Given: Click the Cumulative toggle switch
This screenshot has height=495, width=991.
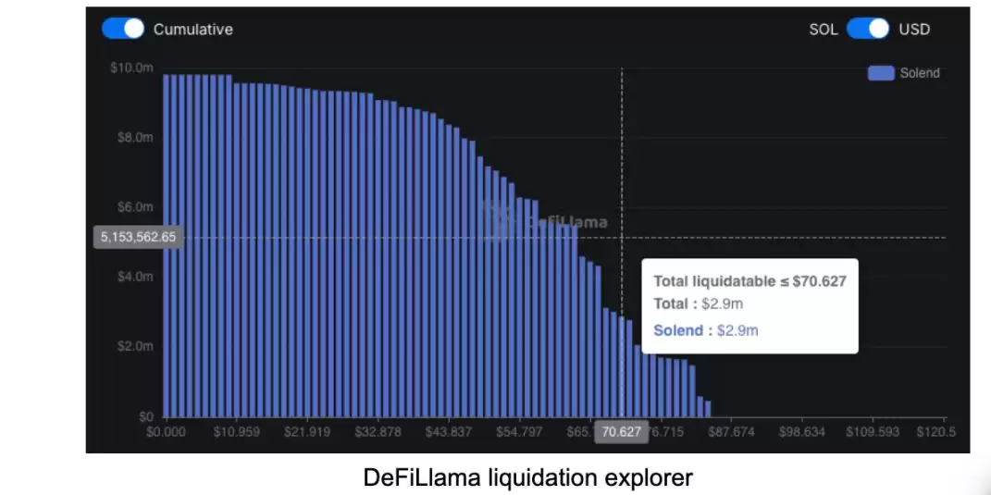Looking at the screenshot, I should click(123, 29).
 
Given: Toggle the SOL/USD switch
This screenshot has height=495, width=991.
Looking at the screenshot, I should click(867, 29).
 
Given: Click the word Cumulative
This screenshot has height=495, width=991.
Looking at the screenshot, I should click(192, 30).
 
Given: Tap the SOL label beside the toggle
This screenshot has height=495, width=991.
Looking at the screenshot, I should click(823, 30).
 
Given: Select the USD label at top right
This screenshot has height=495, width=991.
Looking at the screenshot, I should click(914, 30).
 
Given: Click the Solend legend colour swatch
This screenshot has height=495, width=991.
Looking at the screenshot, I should click(880, 73).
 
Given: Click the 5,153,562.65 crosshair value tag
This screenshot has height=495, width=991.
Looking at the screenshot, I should click(138, 237).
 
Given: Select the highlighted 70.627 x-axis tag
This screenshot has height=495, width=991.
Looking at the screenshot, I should click(621, 432).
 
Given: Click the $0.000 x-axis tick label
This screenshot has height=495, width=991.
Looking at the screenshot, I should click(167, 432).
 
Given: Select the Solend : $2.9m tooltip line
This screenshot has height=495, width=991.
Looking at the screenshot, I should click(705, 330).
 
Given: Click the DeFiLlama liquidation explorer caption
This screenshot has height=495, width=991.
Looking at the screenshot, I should click(527, 477).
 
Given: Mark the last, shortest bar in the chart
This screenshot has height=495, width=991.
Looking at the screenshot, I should click(708, 408).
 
